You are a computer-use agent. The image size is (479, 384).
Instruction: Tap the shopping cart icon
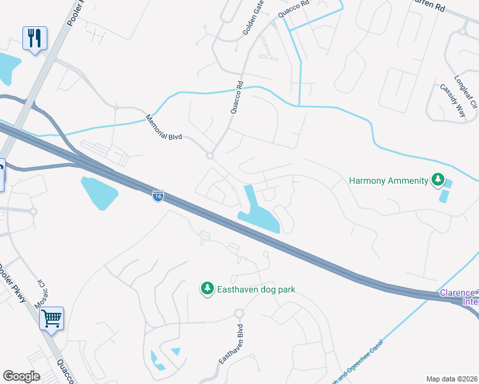coord(51,317)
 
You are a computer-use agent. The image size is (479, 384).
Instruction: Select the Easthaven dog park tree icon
coord(207,289)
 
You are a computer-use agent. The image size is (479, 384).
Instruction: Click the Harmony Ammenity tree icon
coord(437,180)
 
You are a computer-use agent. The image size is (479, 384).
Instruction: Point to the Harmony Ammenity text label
coord(388,180)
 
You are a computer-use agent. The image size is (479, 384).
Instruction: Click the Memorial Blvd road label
coord(165,128)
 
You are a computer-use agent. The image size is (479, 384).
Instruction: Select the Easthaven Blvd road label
coord(232,346)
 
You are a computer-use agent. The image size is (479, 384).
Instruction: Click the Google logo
coord(21,376)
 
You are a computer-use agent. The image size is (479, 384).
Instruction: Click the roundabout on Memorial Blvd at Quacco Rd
coord(209,156)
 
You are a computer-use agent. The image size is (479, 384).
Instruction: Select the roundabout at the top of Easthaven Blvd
coord(239,314)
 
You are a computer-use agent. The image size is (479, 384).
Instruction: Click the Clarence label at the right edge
coord(458,292)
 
